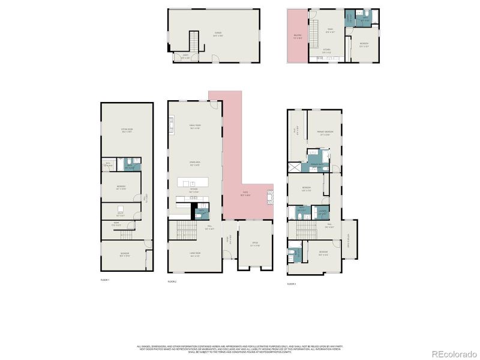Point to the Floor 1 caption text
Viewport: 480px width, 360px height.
tap(105, 280)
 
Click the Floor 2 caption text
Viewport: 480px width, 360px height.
tap(172, 281)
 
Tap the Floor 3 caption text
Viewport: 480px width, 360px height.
tap(292, 283)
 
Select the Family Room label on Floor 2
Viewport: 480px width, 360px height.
tap(195, 127)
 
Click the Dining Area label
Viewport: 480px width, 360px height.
tap(195, 164)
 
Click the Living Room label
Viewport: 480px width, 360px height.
tap(195, 256)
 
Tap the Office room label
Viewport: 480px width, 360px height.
tap(254, 244)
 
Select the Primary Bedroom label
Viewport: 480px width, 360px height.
tap(325, 134)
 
